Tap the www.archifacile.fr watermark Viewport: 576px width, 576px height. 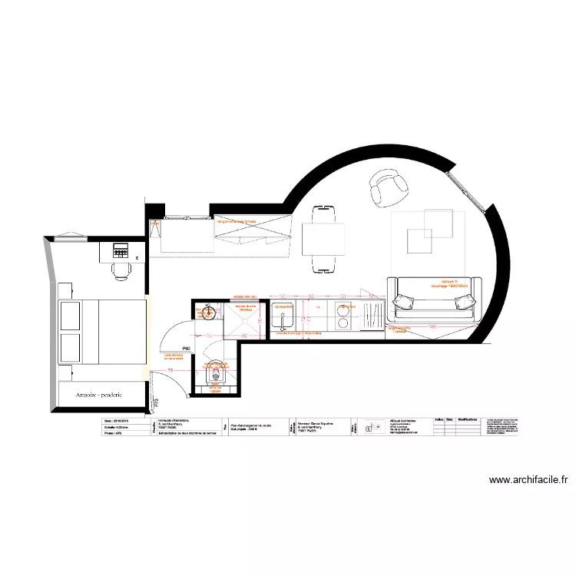point(529,481)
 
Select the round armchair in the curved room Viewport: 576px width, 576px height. point(389,187)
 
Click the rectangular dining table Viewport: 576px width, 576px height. point(322,238)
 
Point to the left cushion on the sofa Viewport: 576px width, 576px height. point(404,300)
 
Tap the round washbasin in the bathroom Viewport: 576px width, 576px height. point(205,313)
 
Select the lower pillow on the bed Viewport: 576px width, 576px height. point(70,348)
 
